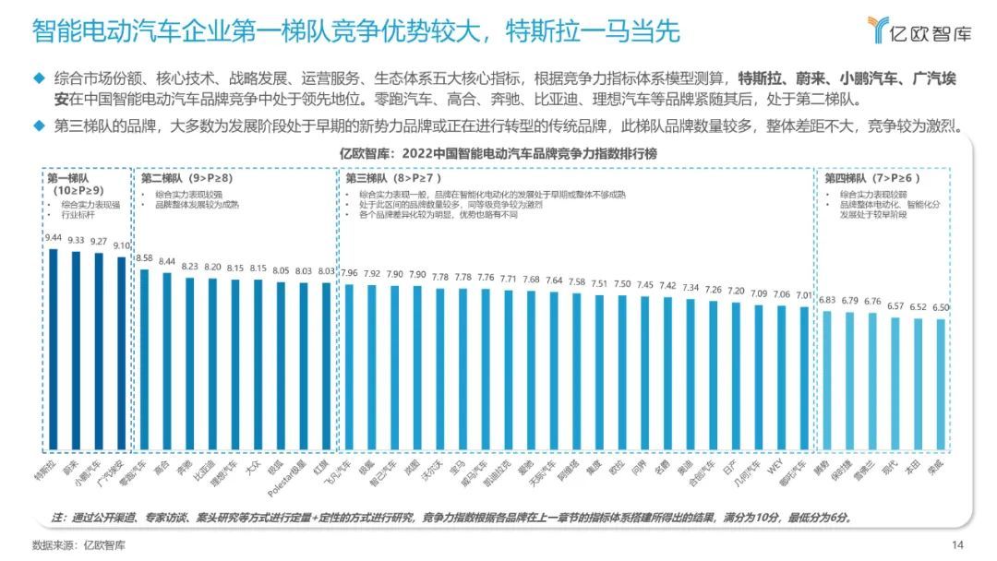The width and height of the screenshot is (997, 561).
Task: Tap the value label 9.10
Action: click(123, 246)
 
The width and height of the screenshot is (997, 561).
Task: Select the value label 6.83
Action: click(827, 300)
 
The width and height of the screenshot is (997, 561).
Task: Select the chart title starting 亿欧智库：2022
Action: click(498, 154)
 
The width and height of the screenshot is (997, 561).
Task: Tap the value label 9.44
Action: click(53, 237)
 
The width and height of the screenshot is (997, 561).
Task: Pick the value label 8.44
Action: click(168, 261)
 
